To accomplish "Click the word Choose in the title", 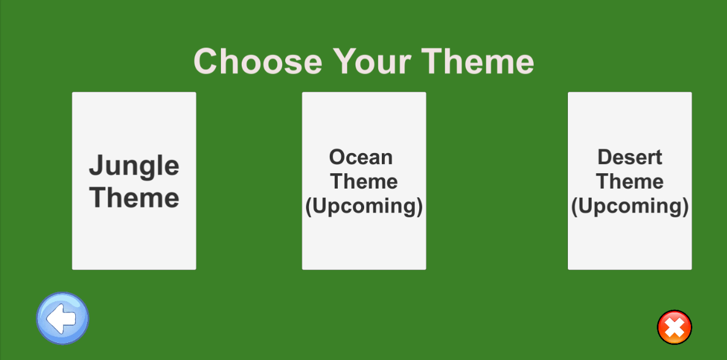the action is click(258, 61).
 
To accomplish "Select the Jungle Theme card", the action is click(134, 181).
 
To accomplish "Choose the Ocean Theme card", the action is click(364, 181).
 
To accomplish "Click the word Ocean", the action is click(361, 157).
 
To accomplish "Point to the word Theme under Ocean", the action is click(364, 181).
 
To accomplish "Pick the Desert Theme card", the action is click(630, 181).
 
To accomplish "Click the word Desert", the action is click(630, 157).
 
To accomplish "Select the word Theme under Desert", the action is click(630, 181).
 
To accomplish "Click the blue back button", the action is click(62, 318).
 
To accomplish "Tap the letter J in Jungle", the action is click(95, 165).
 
